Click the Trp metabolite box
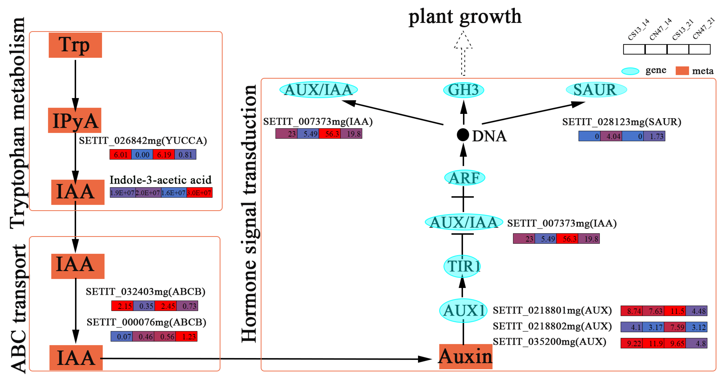pos(75,45)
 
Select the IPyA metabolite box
pos(75,120)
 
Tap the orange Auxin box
pos(465,356)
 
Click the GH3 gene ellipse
pos(463,90)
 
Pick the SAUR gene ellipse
pos(596,90)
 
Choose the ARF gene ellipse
pos(465,178)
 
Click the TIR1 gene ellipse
pos(462,266)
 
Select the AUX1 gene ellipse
pos(463,310)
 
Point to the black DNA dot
pos(463,135)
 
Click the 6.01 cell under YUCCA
pos(120,154)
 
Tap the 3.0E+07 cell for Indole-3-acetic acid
pos(199,193)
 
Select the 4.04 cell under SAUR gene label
pos(611,137)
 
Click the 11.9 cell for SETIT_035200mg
pos(653,343)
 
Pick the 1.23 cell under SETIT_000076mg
pos(187,337)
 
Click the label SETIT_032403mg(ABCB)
pos(145,292)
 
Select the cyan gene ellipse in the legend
pos(630,71)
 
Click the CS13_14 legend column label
pos(639,30)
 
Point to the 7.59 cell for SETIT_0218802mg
pos(675,327)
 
